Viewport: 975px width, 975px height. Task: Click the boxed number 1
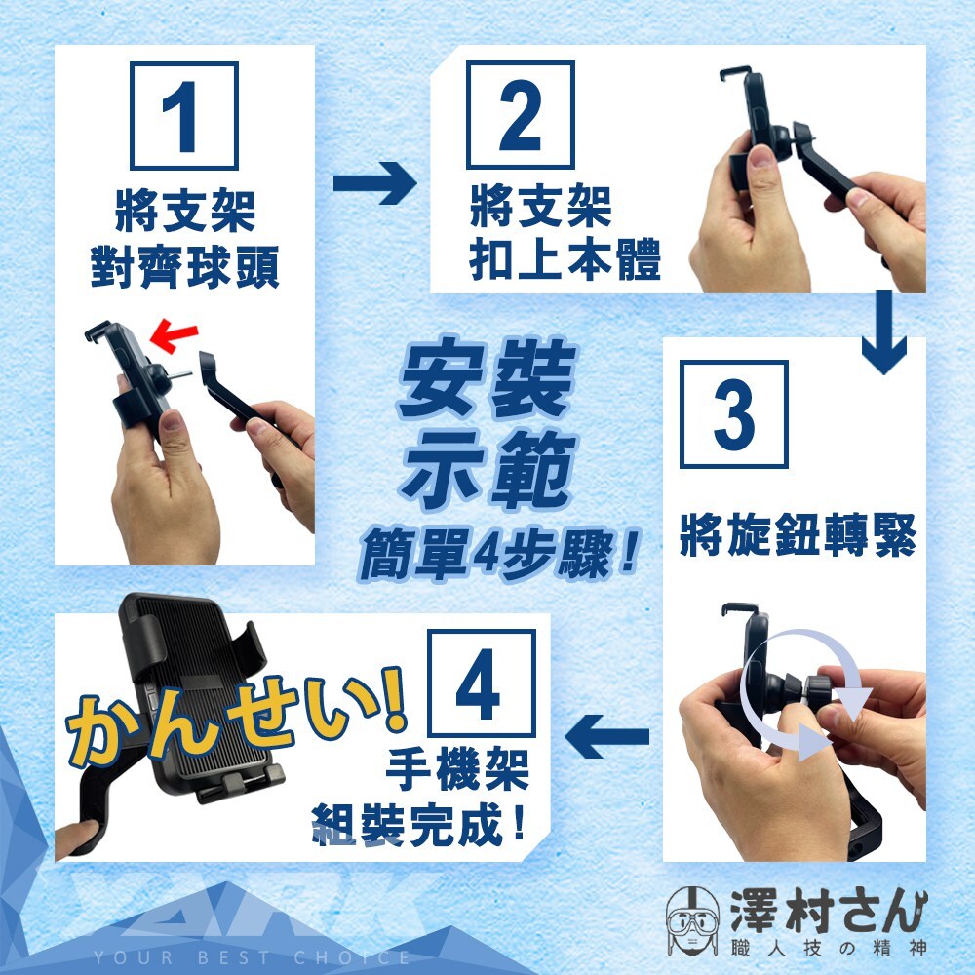point(184,116)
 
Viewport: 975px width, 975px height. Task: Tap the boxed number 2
point(520,115)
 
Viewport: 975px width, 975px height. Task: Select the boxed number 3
point(734,414)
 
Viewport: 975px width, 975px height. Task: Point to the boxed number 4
point(482,683)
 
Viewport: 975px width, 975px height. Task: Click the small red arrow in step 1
point(174,334)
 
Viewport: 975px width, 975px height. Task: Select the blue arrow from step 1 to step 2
point(375,183)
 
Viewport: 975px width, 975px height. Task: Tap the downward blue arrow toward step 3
point(884,331)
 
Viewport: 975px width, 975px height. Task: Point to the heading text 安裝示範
point(488,423)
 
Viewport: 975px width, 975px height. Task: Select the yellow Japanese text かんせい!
point(236,715)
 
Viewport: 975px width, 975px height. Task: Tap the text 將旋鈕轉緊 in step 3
point(798,534)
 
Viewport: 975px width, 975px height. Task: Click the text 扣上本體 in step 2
point(565,260)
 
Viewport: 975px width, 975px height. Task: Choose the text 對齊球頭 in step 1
point(184,267)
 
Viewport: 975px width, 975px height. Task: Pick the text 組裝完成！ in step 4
point(418,825)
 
